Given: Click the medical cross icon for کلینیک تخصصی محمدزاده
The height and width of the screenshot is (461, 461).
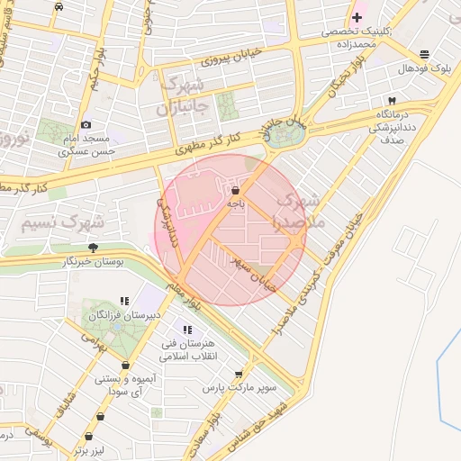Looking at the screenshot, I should (357, 17).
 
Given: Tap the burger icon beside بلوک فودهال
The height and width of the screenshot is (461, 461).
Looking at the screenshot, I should (424, 55).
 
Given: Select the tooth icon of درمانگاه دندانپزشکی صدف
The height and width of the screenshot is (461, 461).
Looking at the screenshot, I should (391, 103).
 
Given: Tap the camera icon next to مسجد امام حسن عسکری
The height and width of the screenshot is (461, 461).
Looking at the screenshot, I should (86, 125).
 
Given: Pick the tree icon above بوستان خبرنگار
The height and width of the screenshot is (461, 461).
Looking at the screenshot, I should (93, 246).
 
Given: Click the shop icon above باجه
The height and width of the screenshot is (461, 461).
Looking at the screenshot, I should (235, 191).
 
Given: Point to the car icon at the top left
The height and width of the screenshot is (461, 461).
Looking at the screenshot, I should (59, 6).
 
